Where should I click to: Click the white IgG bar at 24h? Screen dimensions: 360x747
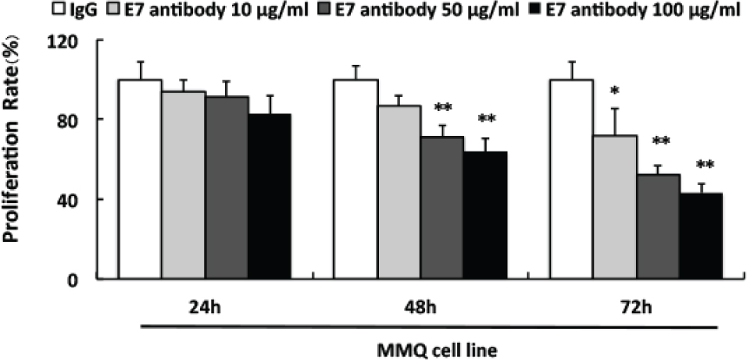(140, 179)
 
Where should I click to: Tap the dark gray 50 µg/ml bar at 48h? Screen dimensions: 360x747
(442, 208)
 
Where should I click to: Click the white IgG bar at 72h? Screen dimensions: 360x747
(571, 179)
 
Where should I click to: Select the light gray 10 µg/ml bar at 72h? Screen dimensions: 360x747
(614, 207)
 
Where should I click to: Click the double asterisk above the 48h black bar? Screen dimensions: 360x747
(486, 119)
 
